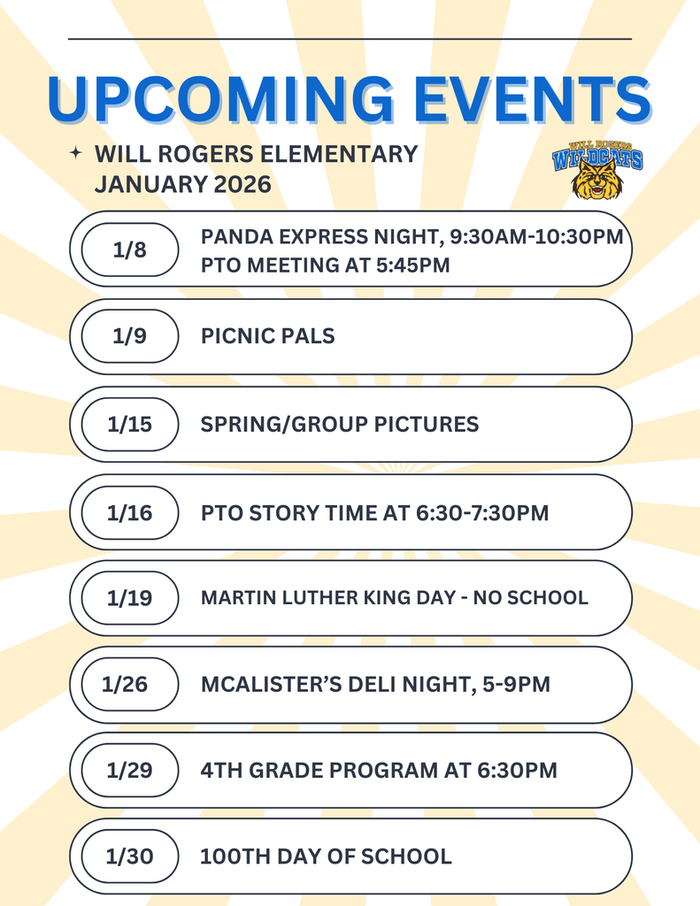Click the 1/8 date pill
click(x=130, y=250)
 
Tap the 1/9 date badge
click(x=130, y=336)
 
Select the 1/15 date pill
click(x=130, y=424)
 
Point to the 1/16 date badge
click(x=130, y=512)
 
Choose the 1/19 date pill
click(x=130, y=598)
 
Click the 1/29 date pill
click(x=130, y=770)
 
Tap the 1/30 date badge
click(x=130, y=856)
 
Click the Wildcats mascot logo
click(x=597, y=169)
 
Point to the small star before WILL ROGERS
click(x=76, y=154)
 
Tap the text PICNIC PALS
click(x=267, y=336)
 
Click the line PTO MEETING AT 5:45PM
click(x=325, y=265)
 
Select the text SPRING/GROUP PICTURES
click(x=339, y=424)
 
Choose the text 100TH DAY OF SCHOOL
click(x=326, y=856)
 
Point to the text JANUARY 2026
click(x=182, y=185)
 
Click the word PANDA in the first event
click(x=233, y=236)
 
